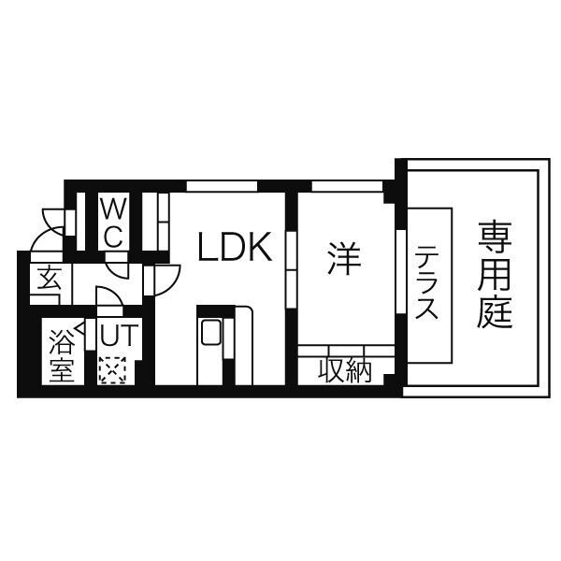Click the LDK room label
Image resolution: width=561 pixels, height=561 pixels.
click(235, 247)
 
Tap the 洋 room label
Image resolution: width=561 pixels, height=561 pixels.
click(344, 258)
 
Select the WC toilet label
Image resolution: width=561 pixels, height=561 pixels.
click(113, 223)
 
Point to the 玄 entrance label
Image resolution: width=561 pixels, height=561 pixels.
click(49, 278)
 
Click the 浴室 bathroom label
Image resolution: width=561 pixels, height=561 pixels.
click(63, 355)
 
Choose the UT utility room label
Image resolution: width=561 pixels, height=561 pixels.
click(119, 335)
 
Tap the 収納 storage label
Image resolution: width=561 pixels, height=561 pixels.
click(345, 369)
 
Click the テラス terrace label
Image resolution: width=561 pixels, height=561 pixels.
click(426, 282)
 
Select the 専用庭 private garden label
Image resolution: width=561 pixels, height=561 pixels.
click(495, 275)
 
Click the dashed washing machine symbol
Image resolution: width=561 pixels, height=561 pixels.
click(112, 370)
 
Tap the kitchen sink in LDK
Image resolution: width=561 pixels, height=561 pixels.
click(211, 332)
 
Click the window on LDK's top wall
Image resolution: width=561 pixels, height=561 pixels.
click(223, 186)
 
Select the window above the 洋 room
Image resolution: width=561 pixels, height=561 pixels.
click(347, 186)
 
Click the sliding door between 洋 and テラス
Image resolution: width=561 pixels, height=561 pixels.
click(401, 272)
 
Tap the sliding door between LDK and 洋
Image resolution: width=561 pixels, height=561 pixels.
click(292, 270)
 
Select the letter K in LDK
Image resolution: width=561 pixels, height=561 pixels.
click(261, 247)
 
